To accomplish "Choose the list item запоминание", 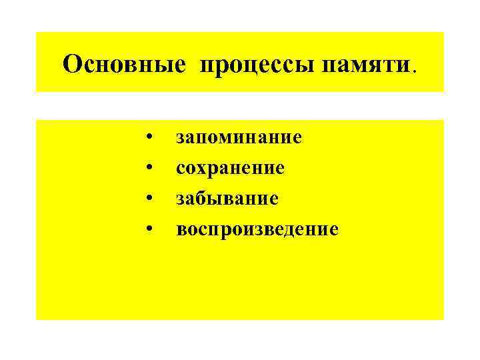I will [x=239, y=138].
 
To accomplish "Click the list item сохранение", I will [x=230, y=169].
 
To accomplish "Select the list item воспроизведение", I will [x=257, y=230].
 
